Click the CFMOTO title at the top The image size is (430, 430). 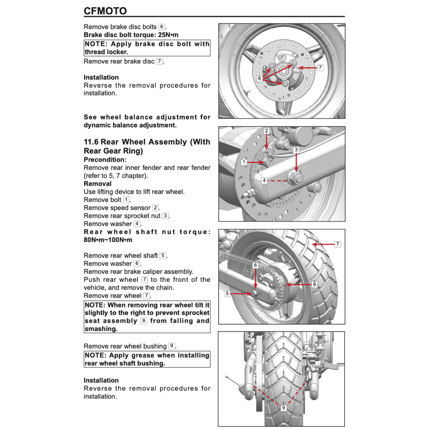pos(105,11)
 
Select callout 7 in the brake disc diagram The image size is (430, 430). pos(320,67)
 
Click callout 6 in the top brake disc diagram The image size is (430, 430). pos(260,79)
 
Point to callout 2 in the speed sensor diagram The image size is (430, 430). pos(266,131)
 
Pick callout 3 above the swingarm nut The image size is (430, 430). pos(296,149)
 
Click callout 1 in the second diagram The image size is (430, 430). pos(244,162)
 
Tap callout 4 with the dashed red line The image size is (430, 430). pos(264,181)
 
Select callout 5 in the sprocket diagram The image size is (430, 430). pos(227,294)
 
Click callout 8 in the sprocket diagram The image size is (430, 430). pos(314,284)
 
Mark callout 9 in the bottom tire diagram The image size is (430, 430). pos(283,408)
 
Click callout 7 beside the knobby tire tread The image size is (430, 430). pos(337,244)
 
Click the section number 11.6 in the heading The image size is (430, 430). pos(91,142)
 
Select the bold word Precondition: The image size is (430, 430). pos(105,160)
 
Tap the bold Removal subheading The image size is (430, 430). pos(97,184)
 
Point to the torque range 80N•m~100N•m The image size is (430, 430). pos(108,240)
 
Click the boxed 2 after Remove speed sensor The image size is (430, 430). pos(155,208)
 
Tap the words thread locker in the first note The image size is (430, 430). pos(106,52)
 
